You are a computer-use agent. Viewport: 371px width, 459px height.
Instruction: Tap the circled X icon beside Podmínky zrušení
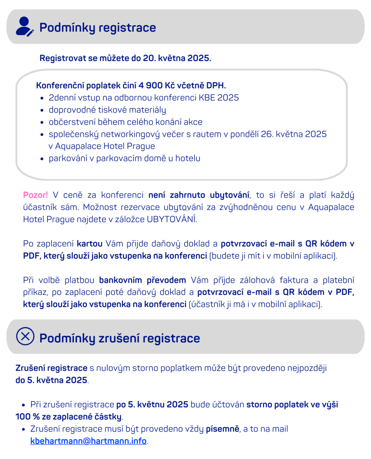(25, 337)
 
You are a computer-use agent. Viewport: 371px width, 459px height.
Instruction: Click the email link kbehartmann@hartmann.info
(88, 441)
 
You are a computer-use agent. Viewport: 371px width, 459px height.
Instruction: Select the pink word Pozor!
(36, 195)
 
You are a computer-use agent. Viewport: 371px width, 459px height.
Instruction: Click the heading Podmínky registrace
(98, 28)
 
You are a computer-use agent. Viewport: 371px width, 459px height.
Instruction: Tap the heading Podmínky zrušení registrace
(119, 338)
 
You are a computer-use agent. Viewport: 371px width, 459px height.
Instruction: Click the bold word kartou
(90, 244)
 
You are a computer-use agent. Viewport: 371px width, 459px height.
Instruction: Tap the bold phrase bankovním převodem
(142, 280)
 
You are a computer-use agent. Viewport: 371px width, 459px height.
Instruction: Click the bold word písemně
(223, 429)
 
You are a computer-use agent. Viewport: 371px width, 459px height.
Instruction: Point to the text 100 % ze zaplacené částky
(69, 416)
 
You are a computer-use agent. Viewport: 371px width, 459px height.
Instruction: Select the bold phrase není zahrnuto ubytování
(199, 195)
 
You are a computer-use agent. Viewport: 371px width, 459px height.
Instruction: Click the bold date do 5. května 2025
(51, 381)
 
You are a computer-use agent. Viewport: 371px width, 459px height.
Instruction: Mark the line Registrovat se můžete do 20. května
(125, 59)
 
